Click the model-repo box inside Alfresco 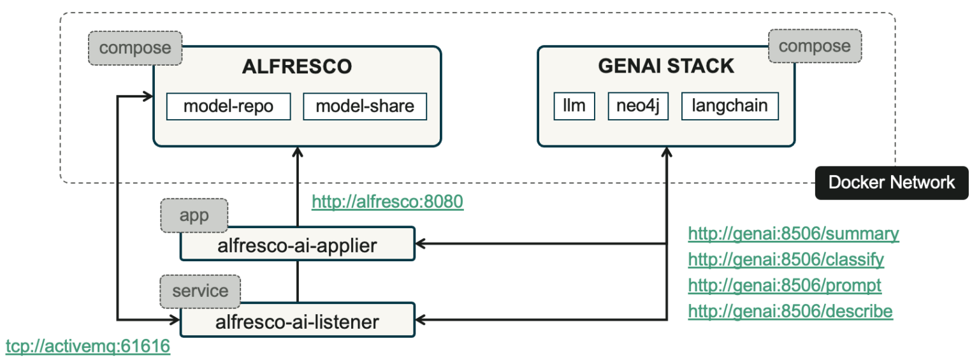coord(228,106)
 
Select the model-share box coord(365,106)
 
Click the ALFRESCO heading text coord(296,67)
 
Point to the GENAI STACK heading coord(666,66)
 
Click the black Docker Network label coord(892,183)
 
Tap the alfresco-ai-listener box coord(297,321)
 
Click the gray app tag coord(194,216)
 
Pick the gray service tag coord(200,291)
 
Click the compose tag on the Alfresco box coord(135,48)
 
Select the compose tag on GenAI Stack coord(815,47)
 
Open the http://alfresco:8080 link coord(387,202)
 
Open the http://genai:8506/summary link coord(794,234)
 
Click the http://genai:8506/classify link coord(786,260)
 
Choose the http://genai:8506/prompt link coord(785,285)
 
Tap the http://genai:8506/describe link coord(790,312)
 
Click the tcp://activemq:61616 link coord(88,347)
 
